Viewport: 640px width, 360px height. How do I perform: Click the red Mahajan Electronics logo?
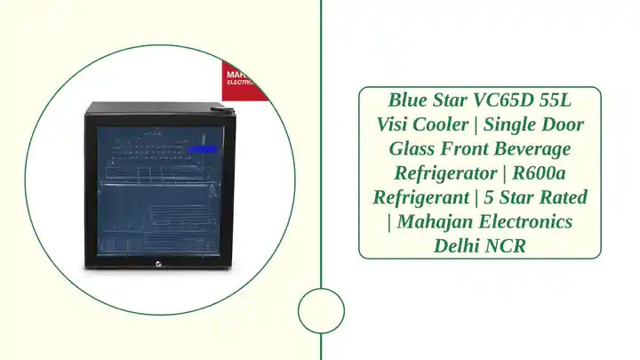tap(243, 79)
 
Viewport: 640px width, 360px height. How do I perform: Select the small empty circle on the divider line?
tap(320, 311)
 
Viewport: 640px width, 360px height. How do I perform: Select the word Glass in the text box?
tap(414, 148)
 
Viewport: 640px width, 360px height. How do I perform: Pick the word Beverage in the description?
tap(536, 148)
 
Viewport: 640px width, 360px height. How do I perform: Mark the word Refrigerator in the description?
tap(439, 172)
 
